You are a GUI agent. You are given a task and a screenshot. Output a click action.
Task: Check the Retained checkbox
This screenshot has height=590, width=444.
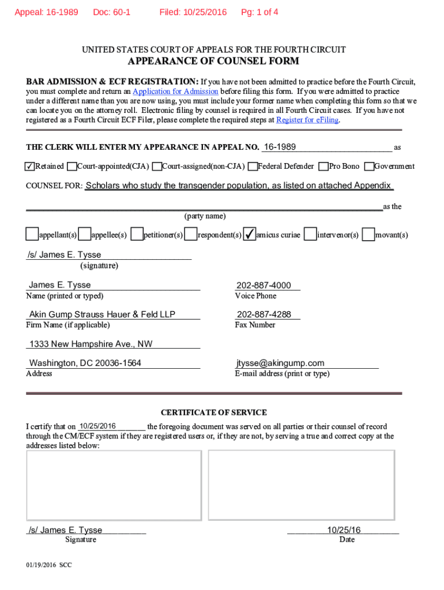29,167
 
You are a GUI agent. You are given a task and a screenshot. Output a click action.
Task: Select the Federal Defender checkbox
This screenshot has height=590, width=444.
252,167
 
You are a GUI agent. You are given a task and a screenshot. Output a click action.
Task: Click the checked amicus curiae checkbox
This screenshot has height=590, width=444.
250,234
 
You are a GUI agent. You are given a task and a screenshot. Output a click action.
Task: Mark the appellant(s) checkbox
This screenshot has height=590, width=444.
32,234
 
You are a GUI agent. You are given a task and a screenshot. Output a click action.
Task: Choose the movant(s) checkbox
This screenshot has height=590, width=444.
368,234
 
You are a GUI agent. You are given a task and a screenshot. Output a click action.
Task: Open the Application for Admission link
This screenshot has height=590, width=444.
175,92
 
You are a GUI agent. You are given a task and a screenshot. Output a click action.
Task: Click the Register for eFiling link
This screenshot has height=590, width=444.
307,120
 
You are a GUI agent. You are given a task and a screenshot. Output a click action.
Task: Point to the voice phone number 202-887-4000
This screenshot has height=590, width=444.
264,285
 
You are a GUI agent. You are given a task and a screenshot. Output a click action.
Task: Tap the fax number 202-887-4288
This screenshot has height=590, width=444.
264,315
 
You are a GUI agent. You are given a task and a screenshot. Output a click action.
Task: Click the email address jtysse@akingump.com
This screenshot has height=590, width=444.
280,363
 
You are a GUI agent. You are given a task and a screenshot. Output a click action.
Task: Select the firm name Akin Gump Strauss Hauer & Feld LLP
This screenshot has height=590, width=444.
102,315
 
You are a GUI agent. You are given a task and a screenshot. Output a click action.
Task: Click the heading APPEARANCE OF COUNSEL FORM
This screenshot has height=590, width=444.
213,62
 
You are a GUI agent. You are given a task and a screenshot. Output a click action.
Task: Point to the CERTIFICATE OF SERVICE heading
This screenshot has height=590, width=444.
213,413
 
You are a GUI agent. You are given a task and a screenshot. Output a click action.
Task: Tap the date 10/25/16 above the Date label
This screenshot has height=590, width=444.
344,530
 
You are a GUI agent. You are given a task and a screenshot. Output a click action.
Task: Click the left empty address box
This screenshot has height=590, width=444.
114,485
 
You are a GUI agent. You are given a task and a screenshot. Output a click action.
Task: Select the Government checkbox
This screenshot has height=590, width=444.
370,167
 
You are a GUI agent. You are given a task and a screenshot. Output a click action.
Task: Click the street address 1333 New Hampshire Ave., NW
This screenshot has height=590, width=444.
91,344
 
